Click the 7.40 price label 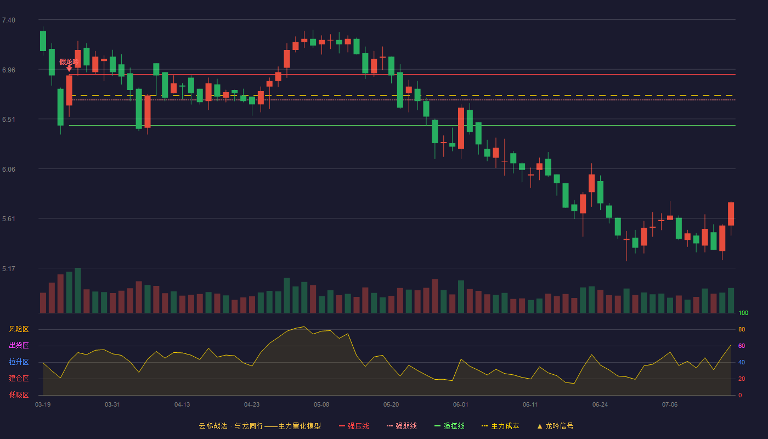click(x=9, y=20)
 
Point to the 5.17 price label click(x=9, y=268)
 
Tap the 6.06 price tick click(x=9, y=170)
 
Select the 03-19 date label click(x=43, y=405)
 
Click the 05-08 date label click(x=321, y=405)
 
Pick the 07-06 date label click(x=670, y=405)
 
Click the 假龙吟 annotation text click(x=69, y=61)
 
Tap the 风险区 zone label click(x=19, y=329)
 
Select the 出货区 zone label click(x=19, y=345)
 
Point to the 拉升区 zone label click(x=19, y=362)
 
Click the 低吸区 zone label click(x=19, y=395)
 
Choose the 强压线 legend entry click(x=354, y=426)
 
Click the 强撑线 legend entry click(x=449, y=426)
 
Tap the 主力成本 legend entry click(x=500, y=426)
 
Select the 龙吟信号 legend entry click(x=555, y=426)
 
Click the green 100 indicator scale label click(x=743, y=313)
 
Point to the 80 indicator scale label click(x=742, y=329)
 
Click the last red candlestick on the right click(x=731, y=213)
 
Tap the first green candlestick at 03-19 click(x=43, y=41)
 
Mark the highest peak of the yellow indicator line click(x=304, y=327)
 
